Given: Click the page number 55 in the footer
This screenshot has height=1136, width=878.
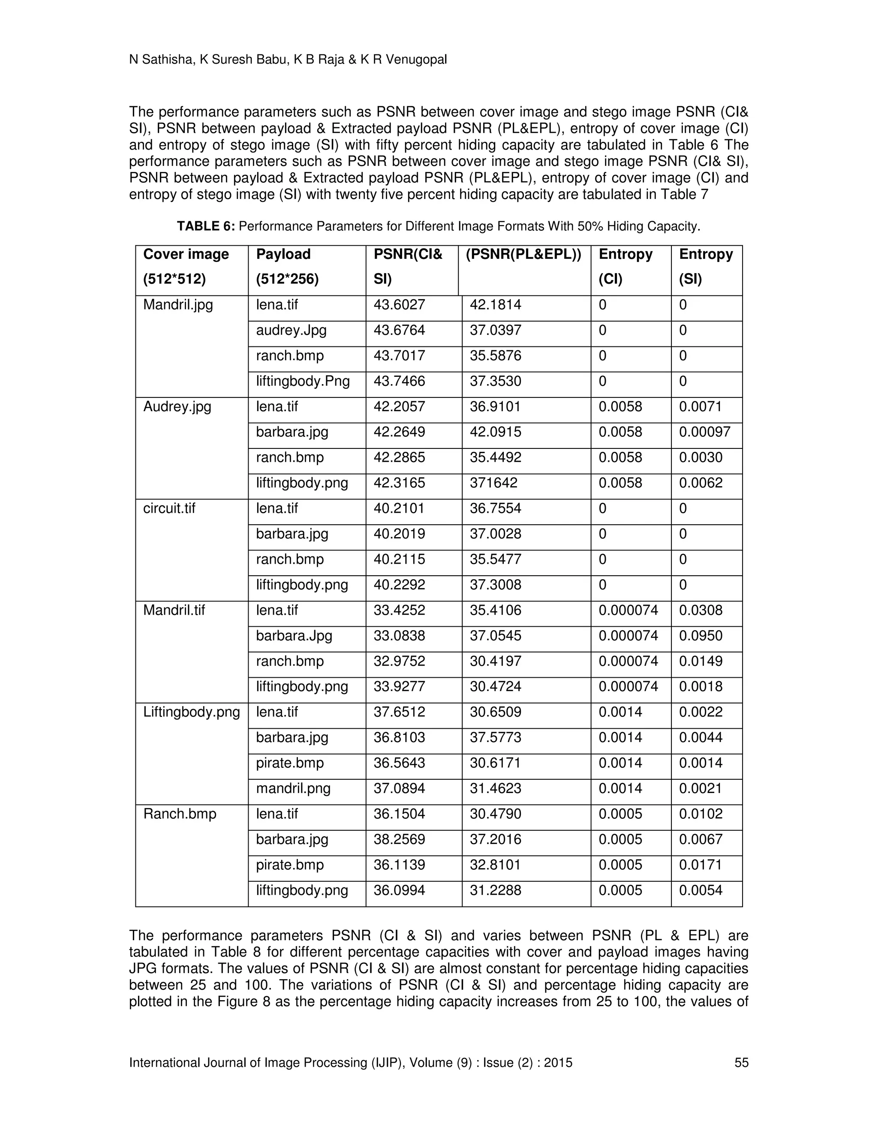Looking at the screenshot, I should (x=741, y=1062).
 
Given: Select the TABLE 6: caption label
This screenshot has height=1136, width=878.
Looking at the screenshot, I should (x=206, y=226).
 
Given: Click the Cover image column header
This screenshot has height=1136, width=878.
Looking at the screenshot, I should (x=186, y=254).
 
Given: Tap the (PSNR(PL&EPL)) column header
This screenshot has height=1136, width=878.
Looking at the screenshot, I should (x=523, y=254).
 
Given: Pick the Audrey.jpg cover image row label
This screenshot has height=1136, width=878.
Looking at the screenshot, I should (x=177, y=407).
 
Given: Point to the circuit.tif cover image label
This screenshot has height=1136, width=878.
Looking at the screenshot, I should (x=169, y=508).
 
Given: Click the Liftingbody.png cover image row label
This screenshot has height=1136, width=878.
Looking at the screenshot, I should (x=191, y=712).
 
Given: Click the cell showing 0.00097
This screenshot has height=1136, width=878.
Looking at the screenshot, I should (x=704, y=432).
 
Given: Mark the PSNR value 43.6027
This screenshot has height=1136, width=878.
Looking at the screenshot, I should (x=399, y=305).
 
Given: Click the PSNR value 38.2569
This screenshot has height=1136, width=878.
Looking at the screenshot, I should (x=399, y=839).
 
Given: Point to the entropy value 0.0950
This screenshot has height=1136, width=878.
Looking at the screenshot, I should (x=701, y=636).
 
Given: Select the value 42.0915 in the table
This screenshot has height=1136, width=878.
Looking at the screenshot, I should (x=495, y=432).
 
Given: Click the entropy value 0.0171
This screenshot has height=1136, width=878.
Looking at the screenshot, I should (x=701, y=865).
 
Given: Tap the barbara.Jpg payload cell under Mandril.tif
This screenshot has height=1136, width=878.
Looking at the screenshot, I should (x=294, y=636).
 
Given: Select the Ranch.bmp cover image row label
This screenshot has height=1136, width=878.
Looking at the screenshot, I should (x=180, y=814).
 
